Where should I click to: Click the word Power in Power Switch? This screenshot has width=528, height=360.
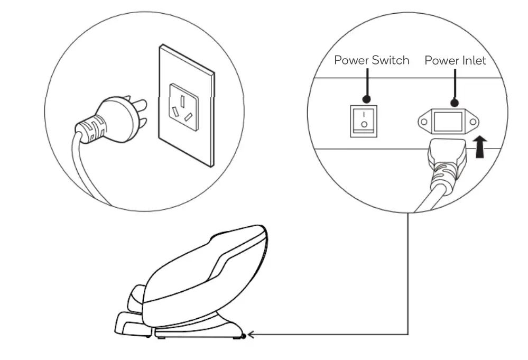point(351,60)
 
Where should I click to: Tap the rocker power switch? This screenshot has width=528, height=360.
point(364,121)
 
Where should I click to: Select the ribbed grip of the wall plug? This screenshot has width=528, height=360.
point(89,129)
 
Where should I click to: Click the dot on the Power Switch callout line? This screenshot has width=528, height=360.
point(366,98)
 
